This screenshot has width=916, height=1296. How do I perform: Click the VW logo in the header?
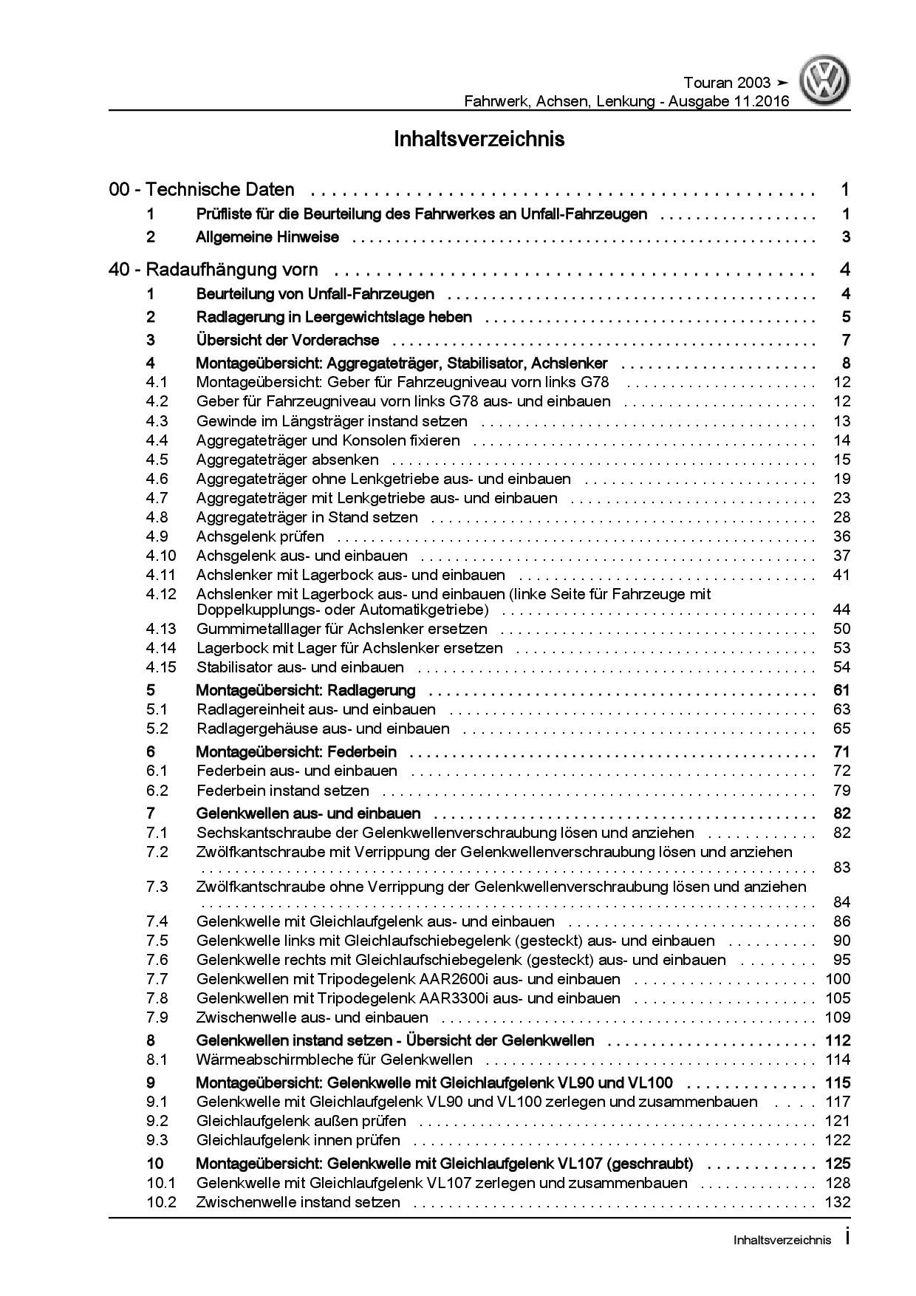[x=826, y=83]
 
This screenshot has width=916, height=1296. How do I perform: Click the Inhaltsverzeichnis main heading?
[x=479, y=139]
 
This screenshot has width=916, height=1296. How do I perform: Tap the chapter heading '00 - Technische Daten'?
[x=202, y=190]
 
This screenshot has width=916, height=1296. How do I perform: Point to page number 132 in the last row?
[x=838, y=1202]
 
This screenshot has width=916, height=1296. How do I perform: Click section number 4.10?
[x=161, y=556]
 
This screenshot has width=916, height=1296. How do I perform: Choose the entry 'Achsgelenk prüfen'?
[x=260, y=536]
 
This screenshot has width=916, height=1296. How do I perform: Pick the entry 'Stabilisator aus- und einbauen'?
[x=300, y=667]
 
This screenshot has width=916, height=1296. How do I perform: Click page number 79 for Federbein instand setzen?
[x=842, y=791]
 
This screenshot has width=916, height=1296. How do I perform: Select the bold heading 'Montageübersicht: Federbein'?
[x=296, y=752]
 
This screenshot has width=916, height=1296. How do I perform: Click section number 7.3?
[x=157, y=887]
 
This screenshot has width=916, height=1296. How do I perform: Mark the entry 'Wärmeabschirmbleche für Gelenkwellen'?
[x=334, y=1060]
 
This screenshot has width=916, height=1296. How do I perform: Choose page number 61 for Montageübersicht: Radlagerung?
[x=841, y=691]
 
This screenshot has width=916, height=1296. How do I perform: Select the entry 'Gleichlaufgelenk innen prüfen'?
[x=298, y=1140]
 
